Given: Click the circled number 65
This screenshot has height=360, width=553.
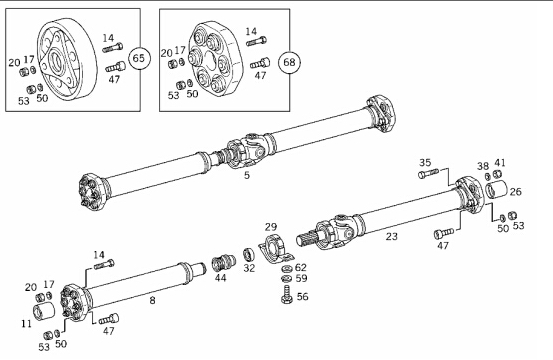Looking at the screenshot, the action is click(139, 58).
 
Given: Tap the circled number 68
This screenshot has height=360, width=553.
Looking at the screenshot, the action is click(290, 62).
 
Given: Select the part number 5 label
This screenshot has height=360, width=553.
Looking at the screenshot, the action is click(247, 175).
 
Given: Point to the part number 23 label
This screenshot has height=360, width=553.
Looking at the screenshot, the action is click(391, 236).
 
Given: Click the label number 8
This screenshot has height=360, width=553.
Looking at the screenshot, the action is click(152, 300).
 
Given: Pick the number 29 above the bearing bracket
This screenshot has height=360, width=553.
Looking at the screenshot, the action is click(271, 227).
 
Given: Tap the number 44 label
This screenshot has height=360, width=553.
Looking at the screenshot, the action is click(221, 278).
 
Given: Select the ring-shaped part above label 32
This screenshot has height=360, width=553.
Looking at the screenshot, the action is click(249, 255).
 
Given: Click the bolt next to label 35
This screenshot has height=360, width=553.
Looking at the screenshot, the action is click(429, 173).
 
